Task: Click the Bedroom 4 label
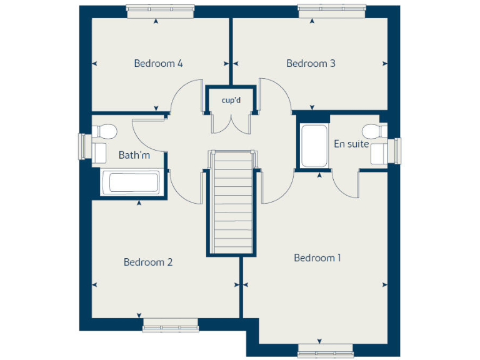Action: (158, 63)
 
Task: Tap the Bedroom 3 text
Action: (311, 63)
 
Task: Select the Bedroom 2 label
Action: (148, 262)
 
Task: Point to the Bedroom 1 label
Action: (317, 257)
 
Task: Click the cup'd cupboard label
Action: (231, 100)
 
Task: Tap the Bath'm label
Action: (134, 155)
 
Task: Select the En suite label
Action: (351, 144)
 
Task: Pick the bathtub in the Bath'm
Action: (133, 183)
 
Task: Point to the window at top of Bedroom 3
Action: (331, 9)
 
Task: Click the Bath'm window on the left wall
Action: (83, 147)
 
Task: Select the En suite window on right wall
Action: (396, 151)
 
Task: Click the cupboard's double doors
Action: (231, 122)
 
